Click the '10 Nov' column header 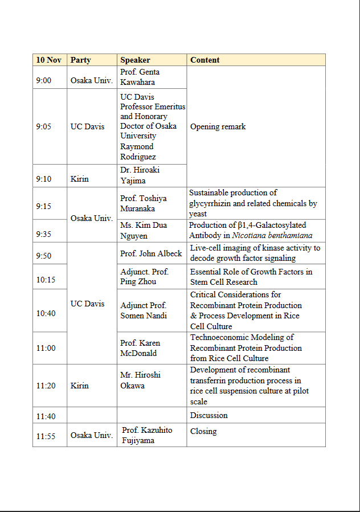coord(48,60)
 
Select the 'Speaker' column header coord(135,60)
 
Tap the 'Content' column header coord(204,60)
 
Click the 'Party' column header coord(80,60)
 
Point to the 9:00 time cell coord(44,80)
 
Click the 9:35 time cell coord(44,234)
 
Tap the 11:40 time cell coord(46,416)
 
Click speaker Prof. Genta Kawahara coord(140,77)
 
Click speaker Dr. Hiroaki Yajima coord(140,175)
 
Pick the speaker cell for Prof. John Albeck coord(151,253)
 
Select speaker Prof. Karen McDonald coord(140,348)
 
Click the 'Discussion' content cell coord(209,415)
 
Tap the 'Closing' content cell coord(203,431)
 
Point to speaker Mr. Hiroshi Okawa coord(140,380)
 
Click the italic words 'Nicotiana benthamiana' coord(272,235)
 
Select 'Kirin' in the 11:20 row coord(80,386)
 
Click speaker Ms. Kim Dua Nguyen coord(144,230)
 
